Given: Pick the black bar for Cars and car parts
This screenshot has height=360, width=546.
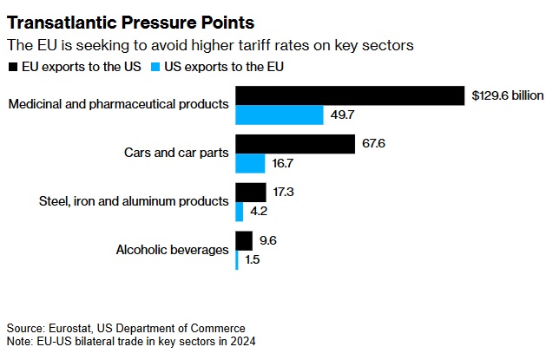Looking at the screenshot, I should coord(295,143).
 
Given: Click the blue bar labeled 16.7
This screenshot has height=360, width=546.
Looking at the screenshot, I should coord(250,163).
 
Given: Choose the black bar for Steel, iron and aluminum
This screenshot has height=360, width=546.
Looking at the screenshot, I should coord(251,192).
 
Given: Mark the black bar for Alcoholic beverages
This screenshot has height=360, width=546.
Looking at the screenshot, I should coord(244,240).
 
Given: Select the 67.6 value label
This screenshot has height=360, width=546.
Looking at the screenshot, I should coord(373,143).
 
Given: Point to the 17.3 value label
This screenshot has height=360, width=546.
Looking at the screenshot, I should coord(284,192).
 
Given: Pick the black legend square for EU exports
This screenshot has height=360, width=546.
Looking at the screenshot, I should coord(11,66).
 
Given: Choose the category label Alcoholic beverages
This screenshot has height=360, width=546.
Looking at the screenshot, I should coord(172,251).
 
